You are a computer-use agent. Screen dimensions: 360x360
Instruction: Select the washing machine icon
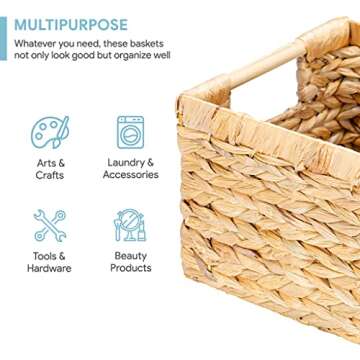(x=130, y=132)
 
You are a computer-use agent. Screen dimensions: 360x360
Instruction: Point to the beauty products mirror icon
(x=130, y=225)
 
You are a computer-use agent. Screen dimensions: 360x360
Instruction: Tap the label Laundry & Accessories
(x=130, y=168)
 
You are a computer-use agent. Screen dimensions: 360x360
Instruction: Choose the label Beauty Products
(x=130, y=261)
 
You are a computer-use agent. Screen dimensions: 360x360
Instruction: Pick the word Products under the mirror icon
(x=130, y=268)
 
